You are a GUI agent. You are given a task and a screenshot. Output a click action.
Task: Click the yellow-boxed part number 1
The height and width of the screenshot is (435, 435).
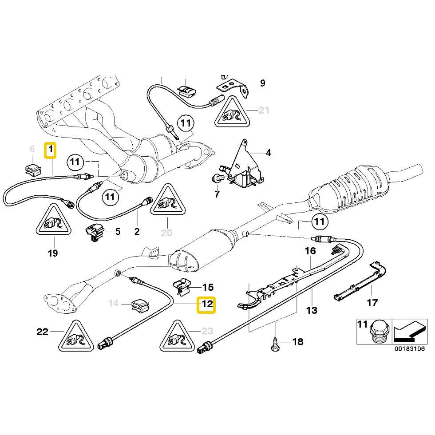[x=50, y=150]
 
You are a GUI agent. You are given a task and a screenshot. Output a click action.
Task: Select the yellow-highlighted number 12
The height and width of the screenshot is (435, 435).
[x=206, y=305]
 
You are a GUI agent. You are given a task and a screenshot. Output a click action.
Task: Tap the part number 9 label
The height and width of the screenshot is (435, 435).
[x=262, y=83]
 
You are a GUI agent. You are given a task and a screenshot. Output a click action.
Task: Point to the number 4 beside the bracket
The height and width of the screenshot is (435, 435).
[x=268, y=153]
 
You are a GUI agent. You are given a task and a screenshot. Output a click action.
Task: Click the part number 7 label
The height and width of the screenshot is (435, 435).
[x=217, y=194]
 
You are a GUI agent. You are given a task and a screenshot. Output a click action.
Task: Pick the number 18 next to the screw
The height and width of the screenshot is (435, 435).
[x=298, y=341]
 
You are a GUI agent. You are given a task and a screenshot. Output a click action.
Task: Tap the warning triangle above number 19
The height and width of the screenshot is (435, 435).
[x=53, y=219]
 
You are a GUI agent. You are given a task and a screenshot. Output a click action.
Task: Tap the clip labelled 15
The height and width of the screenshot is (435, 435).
[x=181, y=288]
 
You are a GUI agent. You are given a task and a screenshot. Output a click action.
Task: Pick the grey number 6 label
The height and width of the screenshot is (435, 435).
[x=32, y=149]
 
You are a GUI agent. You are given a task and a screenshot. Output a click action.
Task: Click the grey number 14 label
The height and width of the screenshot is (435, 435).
[x=114, y=304]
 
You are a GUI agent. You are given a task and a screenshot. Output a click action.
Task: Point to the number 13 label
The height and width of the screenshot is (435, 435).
[x=312, y=310]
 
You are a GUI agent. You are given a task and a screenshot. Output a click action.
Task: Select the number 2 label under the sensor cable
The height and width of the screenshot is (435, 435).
[x=137, y=231]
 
